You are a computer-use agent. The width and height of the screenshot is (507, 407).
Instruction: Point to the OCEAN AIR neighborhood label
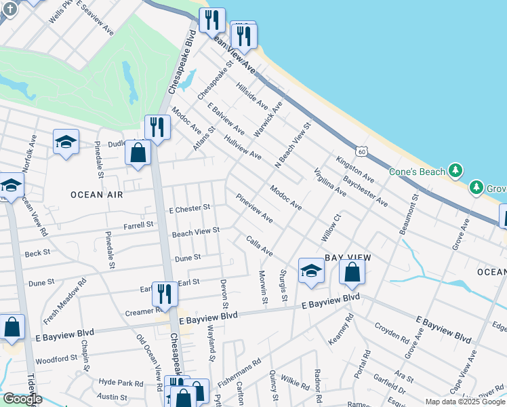coord(97,195)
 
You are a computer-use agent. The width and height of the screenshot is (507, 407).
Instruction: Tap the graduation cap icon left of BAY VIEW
coord(311,270)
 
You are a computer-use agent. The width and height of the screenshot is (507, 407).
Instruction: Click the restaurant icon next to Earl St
coord(164,292)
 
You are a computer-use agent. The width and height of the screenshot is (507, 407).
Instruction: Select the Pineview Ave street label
coord(254,209)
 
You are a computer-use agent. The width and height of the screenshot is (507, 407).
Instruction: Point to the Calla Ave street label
coord(260,246)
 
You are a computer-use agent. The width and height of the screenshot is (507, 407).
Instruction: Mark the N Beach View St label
coord(291,146)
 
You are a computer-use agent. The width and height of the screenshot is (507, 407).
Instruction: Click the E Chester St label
coord(190,209)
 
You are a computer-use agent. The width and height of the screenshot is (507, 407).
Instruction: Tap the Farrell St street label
coord(138,225)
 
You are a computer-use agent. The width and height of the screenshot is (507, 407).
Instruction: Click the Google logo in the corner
coord(22,399)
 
